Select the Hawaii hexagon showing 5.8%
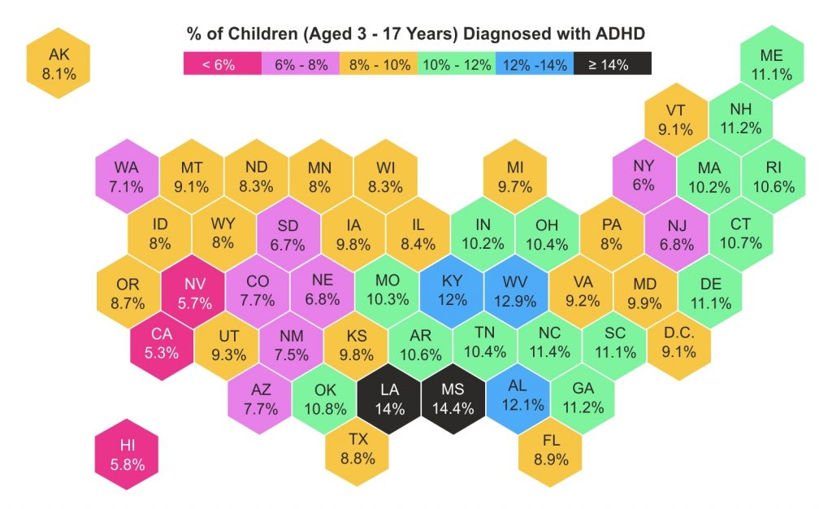(x=127, y=455)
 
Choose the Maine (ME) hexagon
(x=771, y=64)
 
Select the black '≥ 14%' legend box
(x=612, y=64)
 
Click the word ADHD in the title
(x=618, y=34)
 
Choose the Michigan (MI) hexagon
(x=515, y=176)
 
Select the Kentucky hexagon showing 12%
(x=452, y=290)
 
